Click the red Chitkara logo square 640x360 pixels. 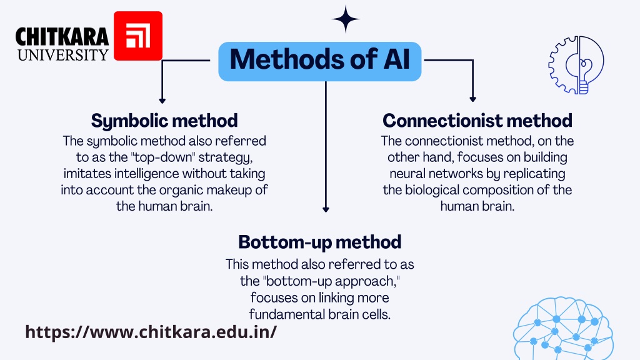[138, 36]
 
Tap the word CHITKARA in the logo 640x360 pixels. [62, 37]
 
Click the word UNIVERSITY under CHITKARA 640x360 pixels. [63, 55]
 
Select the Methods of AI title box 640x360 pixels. [319, 61]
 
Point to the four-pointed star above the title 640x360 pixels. [346, 19]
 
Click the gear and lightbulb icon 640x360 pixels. [576, 65]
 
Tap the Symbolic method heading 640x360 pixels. [164, 121]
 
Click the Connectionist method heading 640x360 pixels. [477, 121]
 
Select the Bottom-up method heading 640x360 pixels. [319, 242]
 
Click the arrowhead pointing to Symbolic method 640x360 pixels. [162, 101]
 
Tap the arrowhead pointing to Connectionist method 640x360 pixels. [472, 99]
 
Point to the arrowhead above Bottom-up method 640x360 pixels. [326, 209]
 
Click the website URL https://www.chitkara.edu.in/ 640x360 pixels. [151, 331]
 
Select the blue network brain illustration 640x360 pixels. [563, 329]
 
